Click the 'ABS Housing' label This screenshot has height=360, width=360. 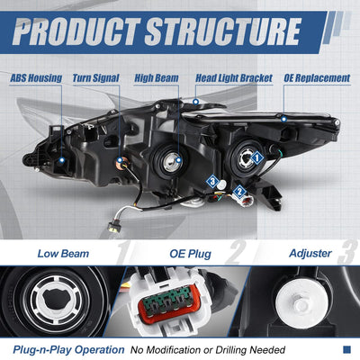(x=36, y=78)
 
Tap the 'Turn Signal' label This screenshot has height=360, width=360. (x=96, y=78)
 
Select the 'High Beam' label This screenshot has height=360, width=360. (x=157, y=78)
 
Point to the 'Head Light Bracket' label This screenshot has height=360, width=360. (x=234, y=78)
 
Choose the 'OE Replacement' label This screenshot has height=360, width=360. (x=317, y=78)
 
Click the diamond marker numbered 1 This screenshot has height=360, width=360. (x=256, y=157)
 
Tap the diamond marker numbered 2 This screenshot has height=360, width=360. (x=239, y=191)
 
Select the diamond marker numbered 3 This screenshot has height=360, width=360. (x=212, y=181)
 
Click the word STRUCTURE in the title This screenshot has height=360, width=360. (x=222, y=31)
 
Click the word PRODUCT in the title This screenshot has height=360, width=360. (x=76, y=31)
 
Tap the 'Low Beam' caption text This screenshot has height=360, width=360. (x=63, y=254)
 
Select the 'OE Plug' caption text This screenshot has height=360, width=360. (x=190, y=254)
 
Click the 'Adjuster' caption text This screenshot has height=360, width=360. (x=310, y=254)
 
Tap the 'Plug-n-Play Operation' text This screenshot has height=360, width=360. (x=68, y=350)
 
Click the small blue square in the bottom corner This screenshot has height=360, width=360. (x=346, y=349)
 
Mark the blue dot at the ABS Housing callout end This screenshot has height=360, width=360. (x=62, y=160)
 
